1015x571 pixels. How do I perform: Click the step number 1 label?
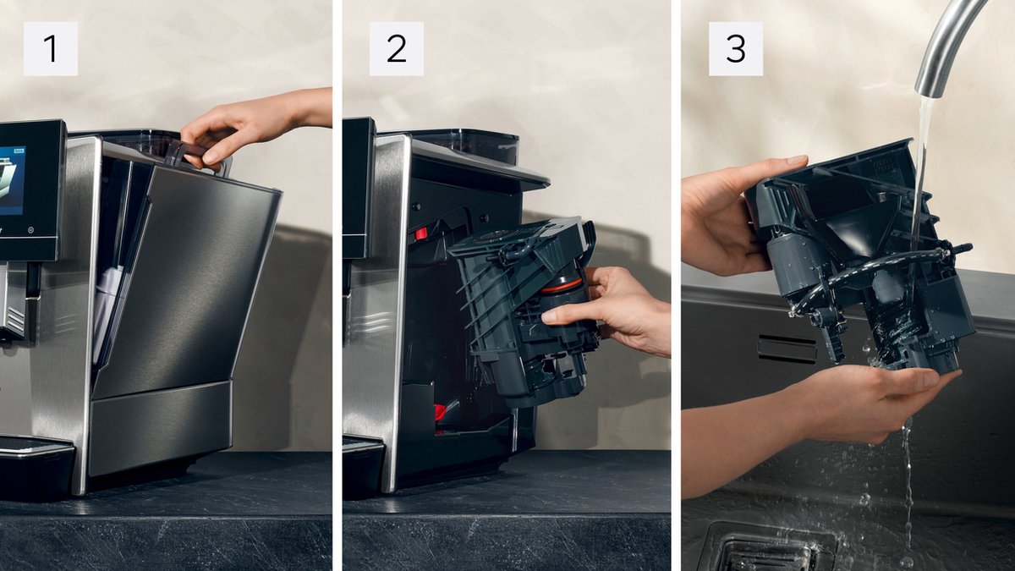[x=51, y=49]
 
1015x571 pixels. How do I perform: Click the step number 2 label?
[x=397, y=49]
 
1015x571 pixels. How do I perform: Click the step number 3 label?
[x=736, y=49]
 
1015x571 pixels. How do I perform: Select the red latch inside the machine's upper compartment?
[x=420, y=234]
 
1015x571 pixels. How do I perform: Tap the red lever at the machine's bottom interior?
[x=441, y=412]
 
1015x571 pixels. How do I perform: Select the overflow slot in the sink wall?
[x=787, y=349]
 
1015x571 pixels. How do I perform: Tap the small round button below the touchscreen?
[x=30, y=230]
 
